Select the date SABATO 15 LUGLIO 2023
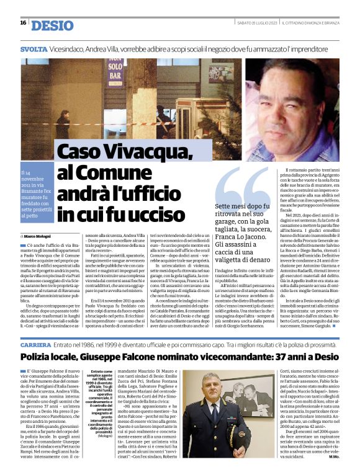tap(257, 24)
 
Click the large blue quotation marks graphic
tap(241, 184)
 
